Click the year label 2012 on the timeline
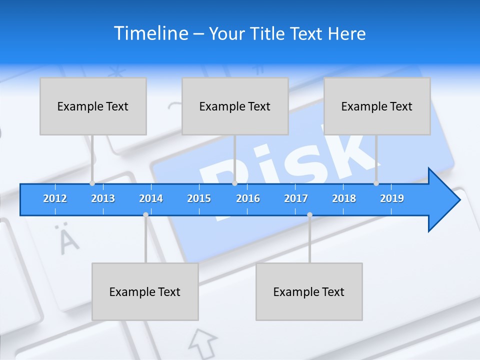(55, 198)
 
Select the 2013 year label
(103, 198)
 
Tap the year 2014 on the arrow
(151, 198)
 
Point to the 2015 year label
(199, 198)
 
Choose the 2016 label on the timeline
(248, 198)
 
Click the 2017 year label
(296, 198)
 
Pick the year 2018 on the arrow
(344, 198)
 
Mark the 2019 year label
(392, 198)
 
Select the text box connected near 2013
(93, 106)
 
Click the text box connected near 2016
(235, 106)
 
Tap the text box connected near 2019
(377, 106)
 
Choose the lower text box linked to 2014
(145, 291)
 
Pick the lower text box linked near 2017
(309, 291)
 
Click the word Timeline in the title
(151, 33)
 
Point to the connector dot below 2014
(145, 215)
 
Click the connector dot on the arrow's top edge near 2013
(92, 183)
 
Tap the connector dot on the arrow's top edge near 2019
(376, 183)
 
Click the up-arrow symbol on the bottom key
(203, 343)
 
